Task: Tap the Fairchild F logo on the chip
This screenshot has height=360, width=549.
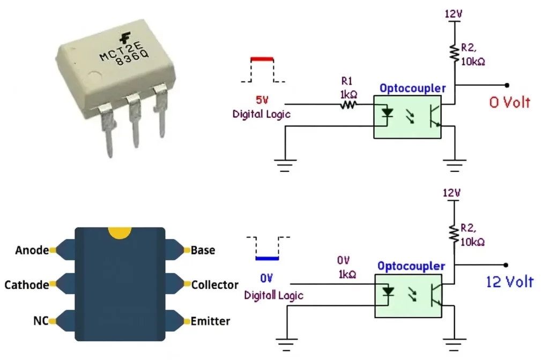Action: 126,37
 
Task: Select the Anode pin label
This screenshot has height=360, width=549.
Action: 32,250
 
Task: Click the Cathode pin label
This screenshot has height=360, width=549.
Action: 26,285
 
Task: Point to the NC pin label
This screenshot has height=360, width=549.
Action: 40,321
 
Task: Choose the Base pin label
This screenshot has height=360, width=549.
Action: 203,250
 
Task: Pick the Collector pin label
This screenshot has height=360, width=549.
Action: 214,285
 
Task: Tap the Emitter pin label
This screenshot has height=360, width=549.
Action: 210,321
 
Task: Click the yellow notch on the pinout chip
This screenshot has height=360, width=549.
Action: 120,232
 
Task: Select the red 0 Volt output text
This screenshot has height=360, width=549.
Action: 509,102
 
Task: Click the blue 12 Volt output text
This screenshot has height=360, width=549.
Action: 509,281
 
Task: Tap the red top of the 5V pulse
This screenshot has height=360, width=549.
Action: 262,59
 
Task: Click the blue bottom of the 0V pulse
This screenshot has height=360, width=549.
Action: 267,258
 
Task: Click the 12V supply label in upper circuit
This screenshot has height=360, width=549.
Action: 453,13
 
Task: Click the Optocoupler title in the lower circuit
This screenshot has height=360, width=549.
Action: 411,266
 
